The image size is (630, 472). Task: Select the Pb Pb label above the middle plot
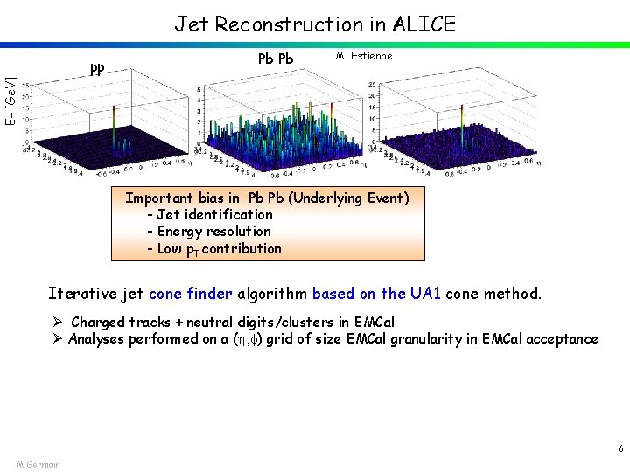(276, 59)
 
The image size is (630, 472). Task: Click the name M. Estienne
(364, 57)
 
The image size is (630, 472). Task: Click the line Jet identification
(210, 214)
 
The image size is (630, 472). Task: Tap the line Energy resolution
(209, 231)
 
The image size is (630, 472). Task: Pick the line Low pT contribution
(214, 248)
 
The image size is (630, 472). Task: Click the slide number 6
(620, 448)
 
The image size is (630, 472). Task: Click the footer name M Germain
(38, 464)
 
